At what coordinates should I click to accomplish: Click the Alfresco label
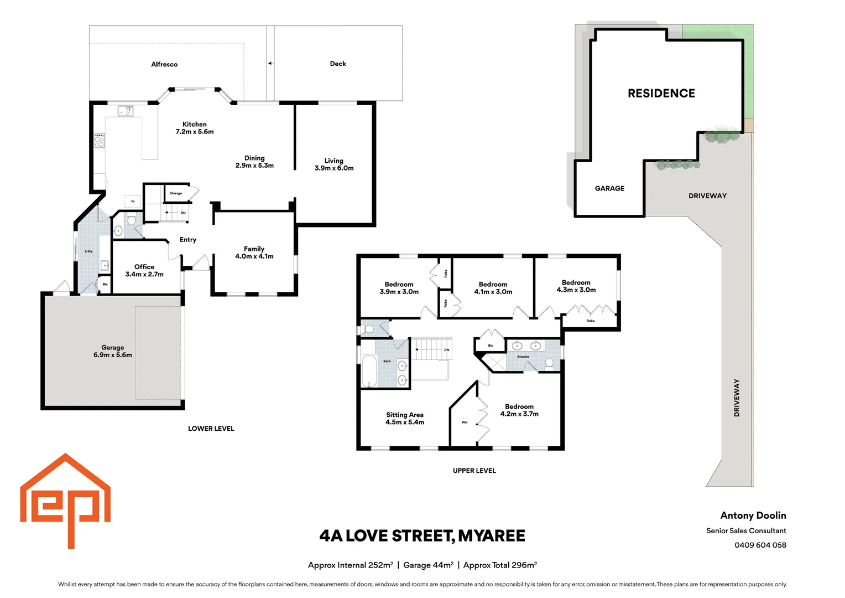pos(164,64)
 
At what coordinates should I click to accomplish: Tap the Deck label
pos(338,64)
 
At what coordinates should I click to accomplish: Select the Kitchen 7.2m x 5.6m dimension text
pos(195,132)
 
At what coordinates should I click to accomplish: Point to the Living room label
pos(334,164)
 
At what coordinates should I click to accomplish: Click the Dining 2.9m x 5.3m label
pos(254,162)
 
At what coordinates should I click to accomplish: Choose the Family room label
pos(254,252)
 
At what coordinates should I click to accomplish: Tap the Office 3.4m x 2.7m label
pos(144,270)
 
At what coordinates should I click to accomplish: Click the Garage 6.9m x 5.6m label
pos(113,352)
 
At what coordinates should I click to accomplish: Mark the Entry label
pos(188,240)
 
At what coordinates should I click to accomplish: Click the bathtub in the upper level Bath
pos(369,371)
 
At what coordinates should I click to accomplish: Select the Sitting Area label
pos(405,419)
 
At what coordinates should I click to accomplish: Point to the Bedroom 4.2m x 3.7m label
pos(519,410)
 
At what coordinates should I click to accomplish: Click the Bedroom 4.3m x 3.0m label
pos(576,286)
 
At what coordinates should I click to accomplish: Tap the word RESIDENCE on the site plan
pos(661,94)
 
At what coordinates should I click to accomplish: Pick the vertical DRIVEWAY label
pos(737,398)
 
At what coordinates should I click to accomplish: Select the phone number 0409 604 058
pos(760,545)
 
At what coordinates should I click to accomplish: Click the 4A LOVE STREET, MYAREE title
pos(422,536)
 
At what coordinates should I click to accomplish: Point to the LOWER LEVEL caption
pos(211,429)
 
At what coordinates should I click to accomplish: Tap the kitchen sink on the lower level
pos(126,111)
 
